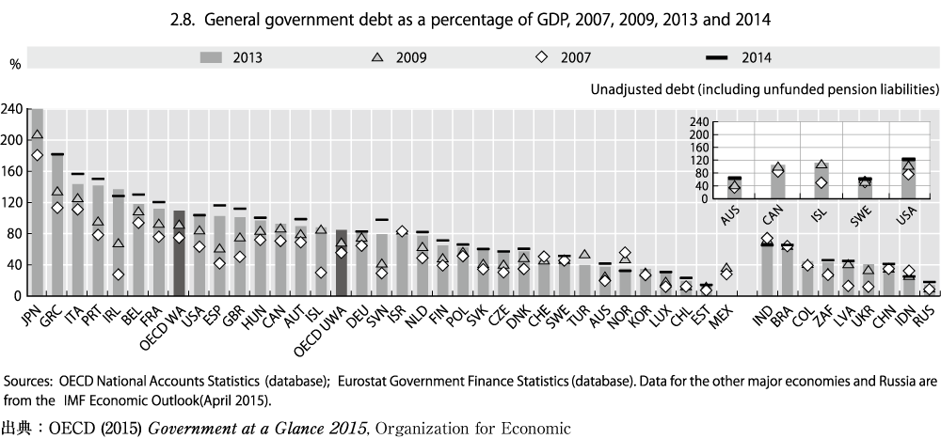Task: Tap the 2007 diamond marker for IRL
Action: click(119, 274)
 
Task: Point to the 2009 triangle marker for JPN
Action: click(38, 134)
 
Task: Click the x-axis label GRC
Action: click(53, 312)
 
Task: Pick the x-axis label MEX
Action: click(721, 312)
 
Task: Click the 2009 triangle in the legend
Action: click(376, 57)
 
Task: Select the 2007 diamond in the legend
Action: click(542, 57)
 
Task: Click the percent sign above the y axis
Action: click(14, 64)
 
